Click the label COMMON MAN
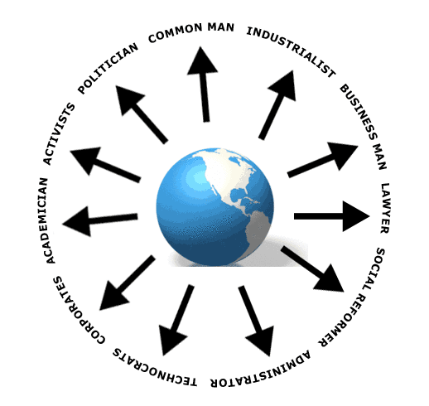[191, 31]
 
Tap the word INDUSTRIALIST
[291, 51]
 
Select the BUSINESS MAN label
[364, 127]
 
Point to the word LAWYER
[384, 208]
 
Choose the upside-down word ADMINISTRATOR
[260, 370]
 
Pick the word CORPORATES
[78, 311]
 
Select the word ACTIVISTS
[59, 134]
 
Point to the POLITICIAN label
[108, 68]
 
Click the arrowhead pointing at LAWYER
[355, 216]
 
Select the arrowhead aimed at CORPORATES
[113, 297]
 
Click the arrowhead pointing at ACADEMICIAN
[78, 222]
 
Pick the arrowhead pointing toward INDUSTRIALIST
[283, 85]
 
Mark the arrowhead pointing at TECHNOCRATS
[171, 339]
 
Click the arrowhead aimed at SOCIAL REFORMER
[330, 279]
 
